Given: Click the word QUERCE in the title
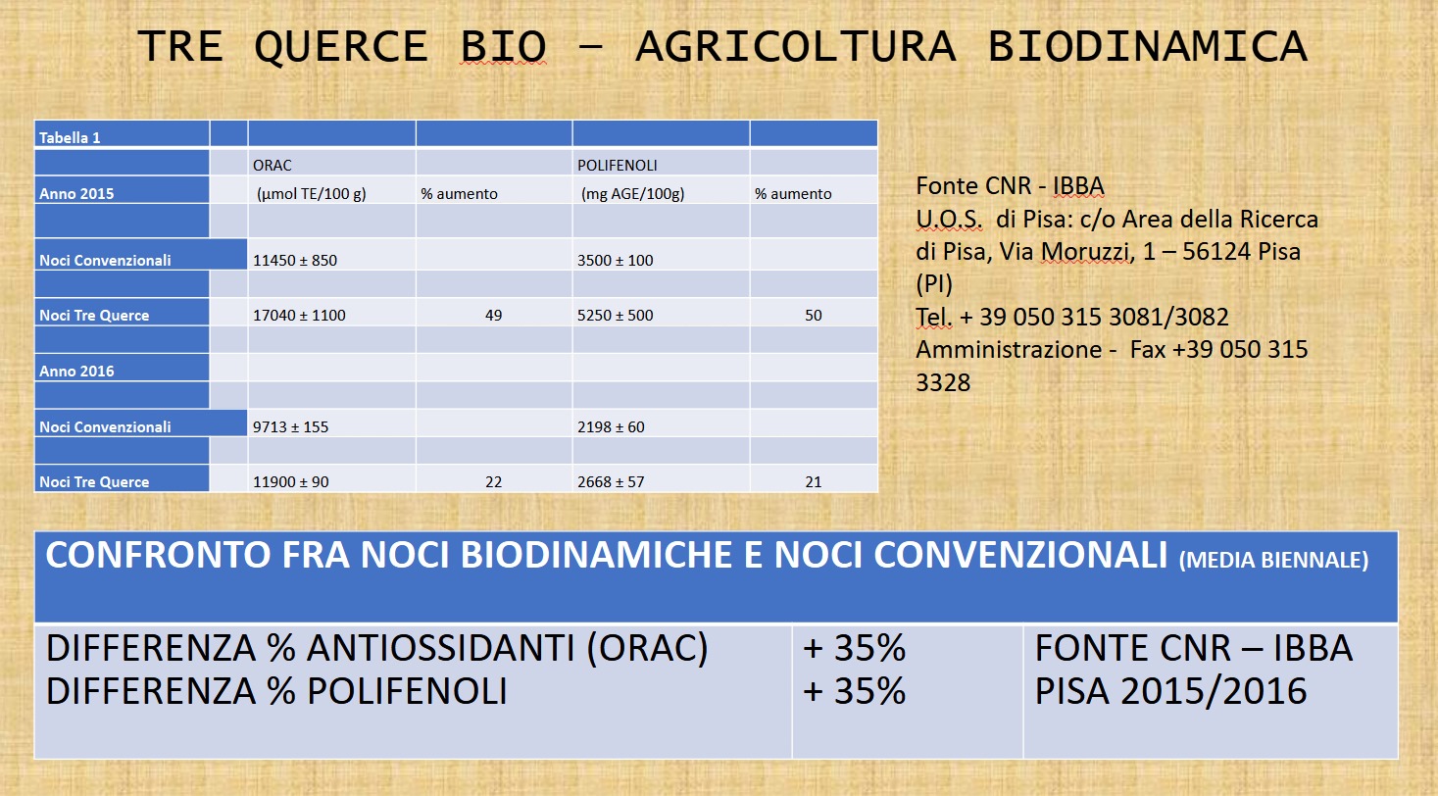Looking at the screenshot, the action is click(x=341, y=47).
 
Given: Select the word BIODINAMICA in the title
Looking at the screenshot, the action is click(x=1147, y=47).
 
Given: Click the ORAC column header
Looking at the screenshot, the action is click(x=273, y=166).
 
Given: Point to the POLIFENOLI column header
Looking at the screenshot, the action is click(x=617, y=166).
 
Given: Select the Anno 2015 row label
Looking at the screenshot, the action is click(x=76, y=194).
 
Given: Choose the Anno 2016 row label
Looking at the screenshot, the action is click(x=76, y=371).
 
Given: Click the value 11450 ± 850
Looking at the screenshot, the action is click(x=295, y=260).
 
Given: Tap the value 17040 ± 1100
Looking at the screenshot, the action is click(x=299, y=316).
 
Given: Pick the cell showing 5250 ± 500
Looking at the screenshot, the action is click(x=615, y=316).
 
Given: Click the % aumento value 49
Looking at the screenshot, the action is click(x=494, y=316).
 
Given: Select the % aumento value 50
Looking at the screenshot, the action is click(x=814, y=316).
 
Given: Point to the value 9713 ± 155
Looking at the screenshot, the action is click(x=290, y=426).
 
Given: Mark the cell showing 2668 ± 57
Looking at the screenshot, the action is click(x=611, y=482).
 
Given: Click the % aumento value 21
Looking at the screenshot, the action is click(x=814, y=482).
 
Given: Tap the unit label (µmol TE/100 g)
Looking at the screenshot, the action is click(x=312, y=194).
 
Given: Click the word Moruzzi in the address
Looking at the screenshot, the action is click(x=1084, y=252).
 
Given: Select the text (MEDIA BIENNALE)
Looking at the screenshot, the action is click(x=1273, y=561).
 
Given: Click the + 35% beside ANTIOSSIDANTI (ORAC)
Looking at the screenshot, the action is click(x=854, y=648).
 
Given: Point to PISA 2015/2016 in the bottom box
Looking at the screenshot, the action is click(x=1171, y=691).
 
